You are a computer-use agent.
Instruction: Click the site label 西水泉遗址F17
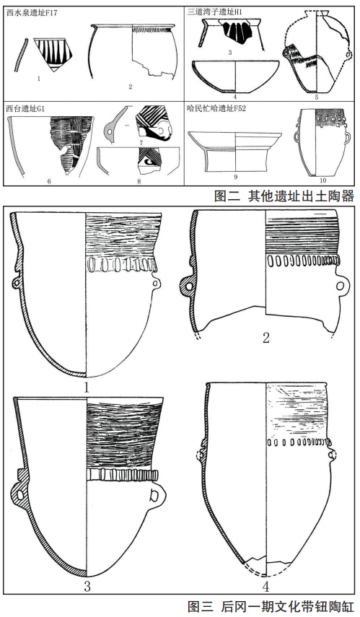coord(32,12)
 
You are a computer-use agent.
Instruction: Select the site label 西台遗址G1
coord(25,108)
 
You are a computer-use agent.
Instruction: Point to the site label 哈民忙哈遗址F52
coord(216,108)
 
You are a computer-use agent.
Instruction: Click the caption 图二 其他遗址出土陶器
coord(284,196)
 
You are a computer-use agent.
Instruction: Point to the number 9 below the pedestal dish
coord(236,177)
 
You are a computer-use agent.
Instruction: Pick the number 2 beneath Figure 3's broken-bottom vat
coord(266,338)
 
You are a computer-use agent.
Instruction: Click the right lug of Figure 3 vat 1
coord(157,283)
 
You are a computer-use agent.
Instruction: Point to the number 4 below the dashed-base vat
coord(266,587)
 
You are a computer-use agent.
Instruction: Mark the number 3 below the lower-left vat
coord(87,587)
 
